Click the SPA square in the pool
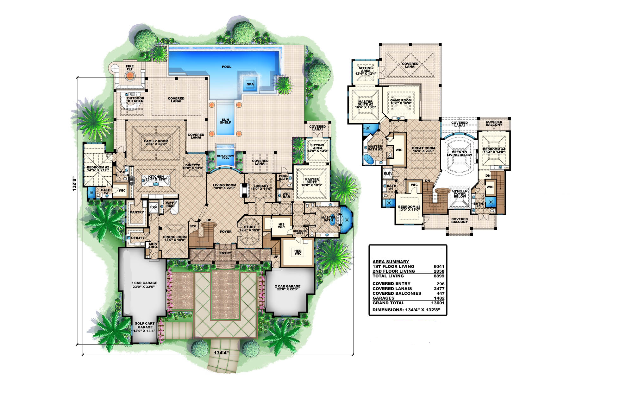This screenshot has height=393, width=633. (250, 84)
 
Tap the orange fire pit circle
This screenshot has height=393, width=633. (129, 75)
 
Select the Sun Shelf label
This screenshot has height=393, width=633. (225, 121)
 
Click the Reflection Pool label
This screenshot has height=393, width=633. (225, 157)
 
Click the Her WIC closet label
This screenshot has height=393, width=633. (298, 252)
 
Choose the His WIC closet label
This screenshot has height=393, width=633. (281, 226)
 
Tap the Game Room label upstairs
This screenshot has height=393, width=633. (401, 102)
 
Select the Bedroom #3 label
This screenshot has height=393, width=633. (409, 208)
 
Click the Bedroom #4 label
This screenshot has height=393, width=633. (494, 151)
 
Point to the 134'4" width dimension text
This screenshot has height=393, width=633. (221, 353)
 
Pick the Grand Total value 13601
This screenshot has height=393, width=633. (438, 303)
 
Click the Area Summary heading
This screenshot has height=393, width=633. (391, 262)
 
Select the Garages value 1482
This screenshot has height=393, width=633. (439, 298)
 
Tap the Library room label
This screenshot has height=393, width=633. (261, 187)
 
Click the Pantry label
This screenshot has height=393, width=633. (137, 212)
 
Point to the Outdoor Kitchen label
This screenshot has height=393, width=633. (135, 99)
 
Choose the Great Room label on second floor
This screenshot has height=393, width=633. (423, 149)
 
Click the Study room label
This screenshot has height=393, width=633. (250, 228)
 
